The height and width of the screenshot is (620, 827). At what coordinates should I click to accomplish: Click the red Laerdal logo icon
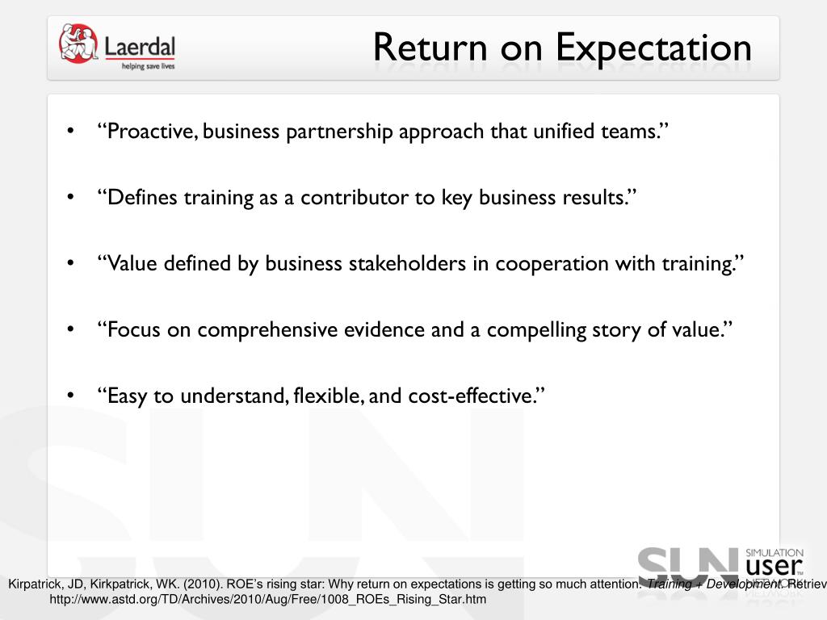pos(78,44)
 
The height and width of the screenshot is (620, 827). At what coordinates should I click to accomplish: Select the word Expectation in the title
pos(653,48)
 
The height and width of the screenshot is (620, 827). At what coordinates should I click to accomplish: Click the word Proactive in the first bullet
pos(149,132)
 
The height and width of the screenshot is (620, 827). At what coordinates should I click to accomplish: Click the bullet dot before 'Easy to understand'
pos(72,396)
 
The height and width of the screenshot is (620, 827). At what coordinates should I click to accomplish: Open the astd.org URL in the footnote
pos(267,600)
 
